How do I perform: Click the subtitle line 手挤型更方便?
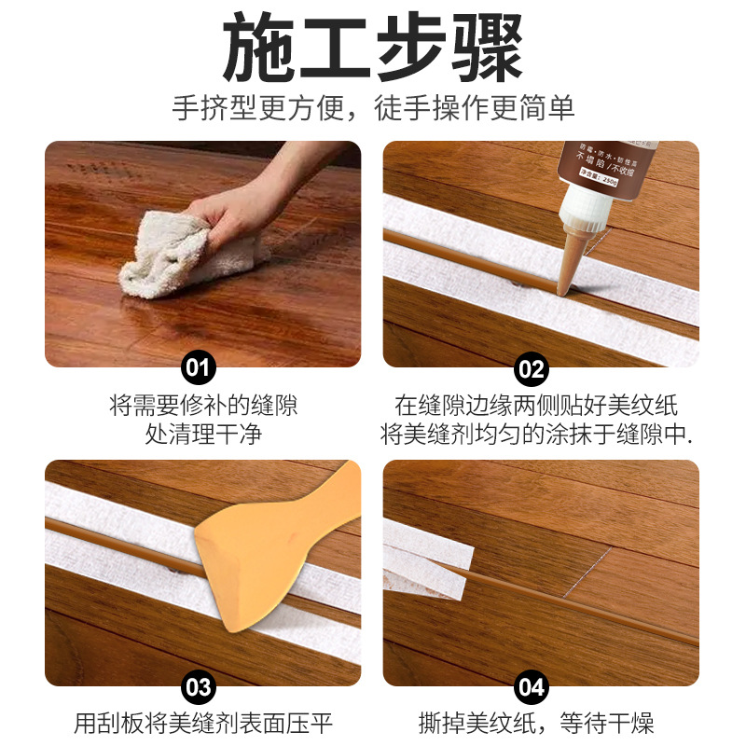[373, 108]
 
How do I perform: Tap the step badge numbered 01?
[198, 366]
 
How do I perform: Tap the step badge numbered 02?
[531, 366]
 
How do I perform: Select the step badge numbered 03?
[198, 687]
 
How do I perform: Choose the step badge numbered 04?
[531, 687]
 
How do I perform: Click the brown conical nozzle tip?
[572, 261]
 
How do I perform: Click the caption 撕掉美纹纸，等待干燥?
[536, 723]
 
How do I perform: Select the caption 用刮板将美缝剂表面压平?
[203, 723]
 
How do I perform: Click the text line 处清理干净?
[203, 435]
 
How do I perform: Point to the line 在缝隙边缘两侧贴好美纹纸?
[536, 407]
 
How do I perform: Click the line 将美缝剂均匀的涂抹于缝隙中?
[536, 435]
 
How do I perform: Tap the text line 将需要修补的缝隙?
[203, 407]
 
